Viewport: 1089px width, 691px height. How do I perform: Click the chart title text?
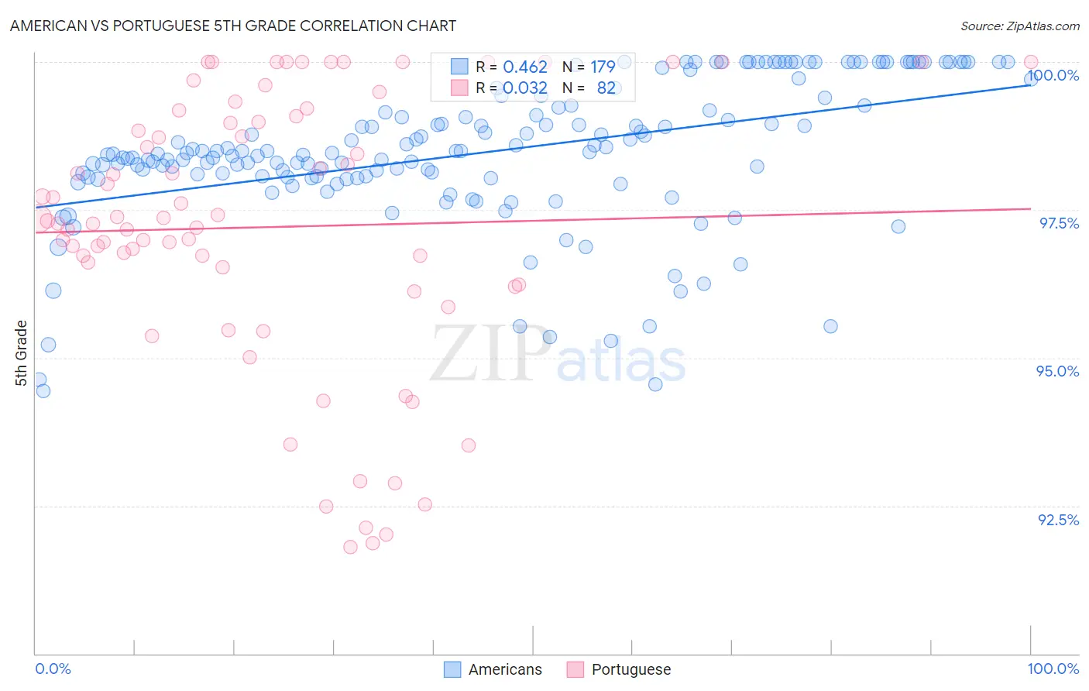pyautogui.click(x=233, y=26)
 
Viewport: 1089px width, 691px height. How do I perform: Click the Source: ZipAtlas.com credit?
pyautogui.click(x=1019, y=26)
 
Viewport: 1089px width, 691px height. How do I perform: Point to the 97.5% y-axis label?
pyautogui.click(x=1058, y=223)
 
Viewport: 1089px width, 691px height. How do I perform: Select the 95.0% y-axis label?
pyautogui.click(x=1057, y=371)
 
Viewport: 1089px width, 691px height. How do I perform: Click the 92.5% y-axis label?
pyautogui.click(x=1058, y=520)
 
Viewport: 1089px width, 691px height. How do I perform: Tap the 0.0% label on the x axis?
pyautogui.click(x=53, y=669)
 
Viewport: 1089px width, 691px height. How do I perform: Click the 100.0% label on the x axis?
pyautogui.click(x=1053, y=669)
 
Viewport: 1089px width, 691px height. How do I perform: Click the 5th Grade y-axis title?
pyautogui.click(x=22, y=353)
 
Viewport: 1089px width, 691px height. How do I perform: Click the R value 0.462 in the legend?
pyautogui.click(x=525, y=67)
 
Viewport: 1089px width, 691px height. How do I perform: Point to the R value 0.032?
pyautogui.click(x=525, y=88)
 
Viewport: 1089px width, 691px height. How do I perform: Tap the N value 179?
pyautogui.click(x=603, y=67)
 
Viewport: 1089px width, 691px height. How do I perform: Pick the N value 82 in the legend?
pyautogui.click(x=606, y=88)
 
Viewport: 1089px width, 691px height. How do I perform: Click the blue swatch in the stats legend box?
pyautogui.click(x=460, y=67)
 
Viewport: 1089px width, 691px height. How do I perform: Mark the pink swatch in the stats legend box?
pyautogui.click(x=460, y=88)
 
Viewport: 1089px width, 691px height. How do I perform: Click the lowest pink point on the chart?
pyautogui.click(x=350, y=547)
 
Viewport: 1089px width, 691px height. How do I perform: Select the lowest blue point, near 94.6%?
pyautogui.click(x=43, y=390)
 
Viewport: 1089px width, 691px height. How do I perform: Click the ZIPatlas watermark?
pyautogui.click(x=558, y=354)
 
